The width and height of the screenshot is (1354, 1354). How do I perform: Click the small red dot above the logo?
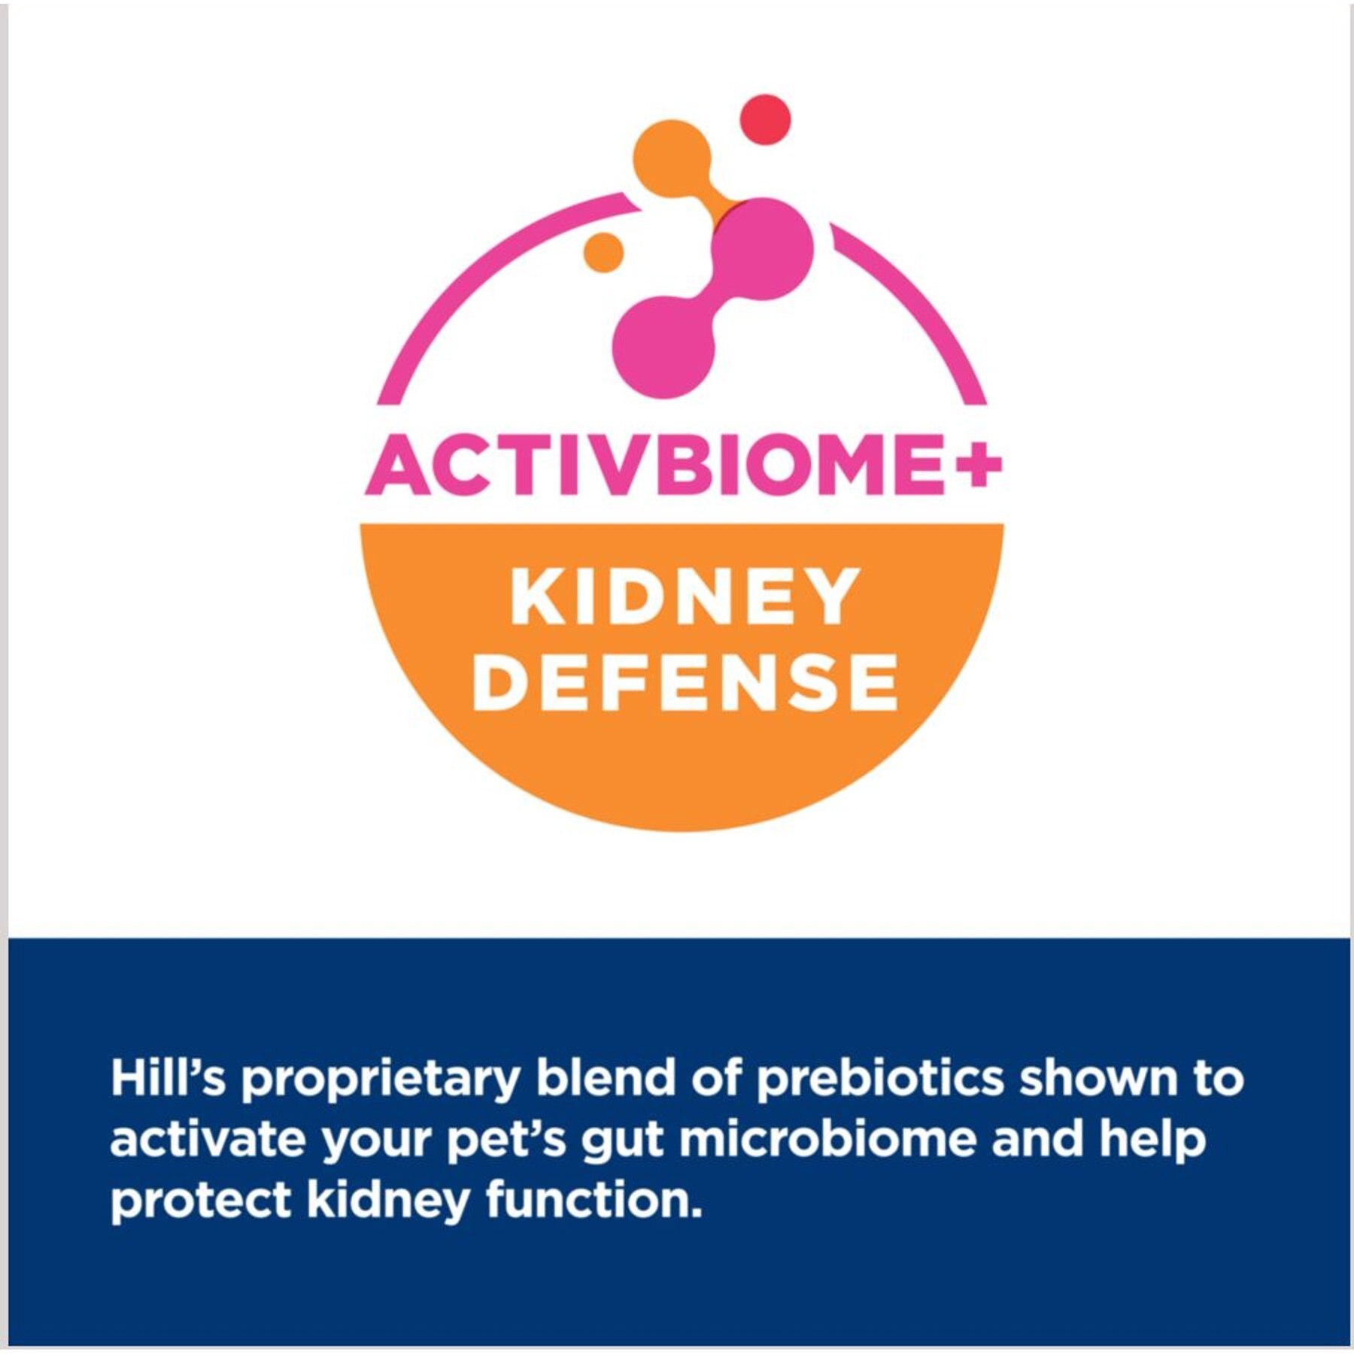(766, 120)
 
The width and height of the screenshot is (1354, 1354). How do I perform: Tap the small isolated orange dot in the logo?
(603, 251)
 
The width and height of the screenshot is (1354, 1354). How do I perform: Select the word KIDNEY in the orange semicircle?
(684, 596)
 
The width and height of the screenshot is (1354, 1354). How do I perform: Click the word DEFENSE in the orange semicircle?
(685, 682)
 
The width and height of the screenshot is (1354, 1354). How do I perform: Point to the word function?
(594, 1199)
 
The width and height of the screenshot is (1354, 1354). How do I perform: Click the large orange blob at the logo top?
(672, 160)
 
